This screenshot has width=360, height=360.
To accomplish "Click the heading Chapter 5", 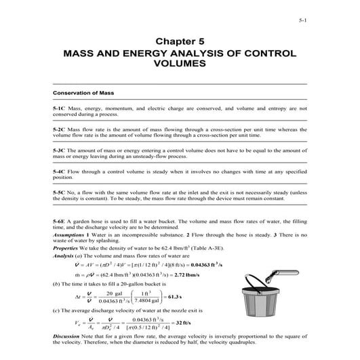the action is tap(180, 40).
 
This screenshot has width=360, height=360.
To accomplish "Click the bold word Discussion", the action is tap(70, 337).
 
